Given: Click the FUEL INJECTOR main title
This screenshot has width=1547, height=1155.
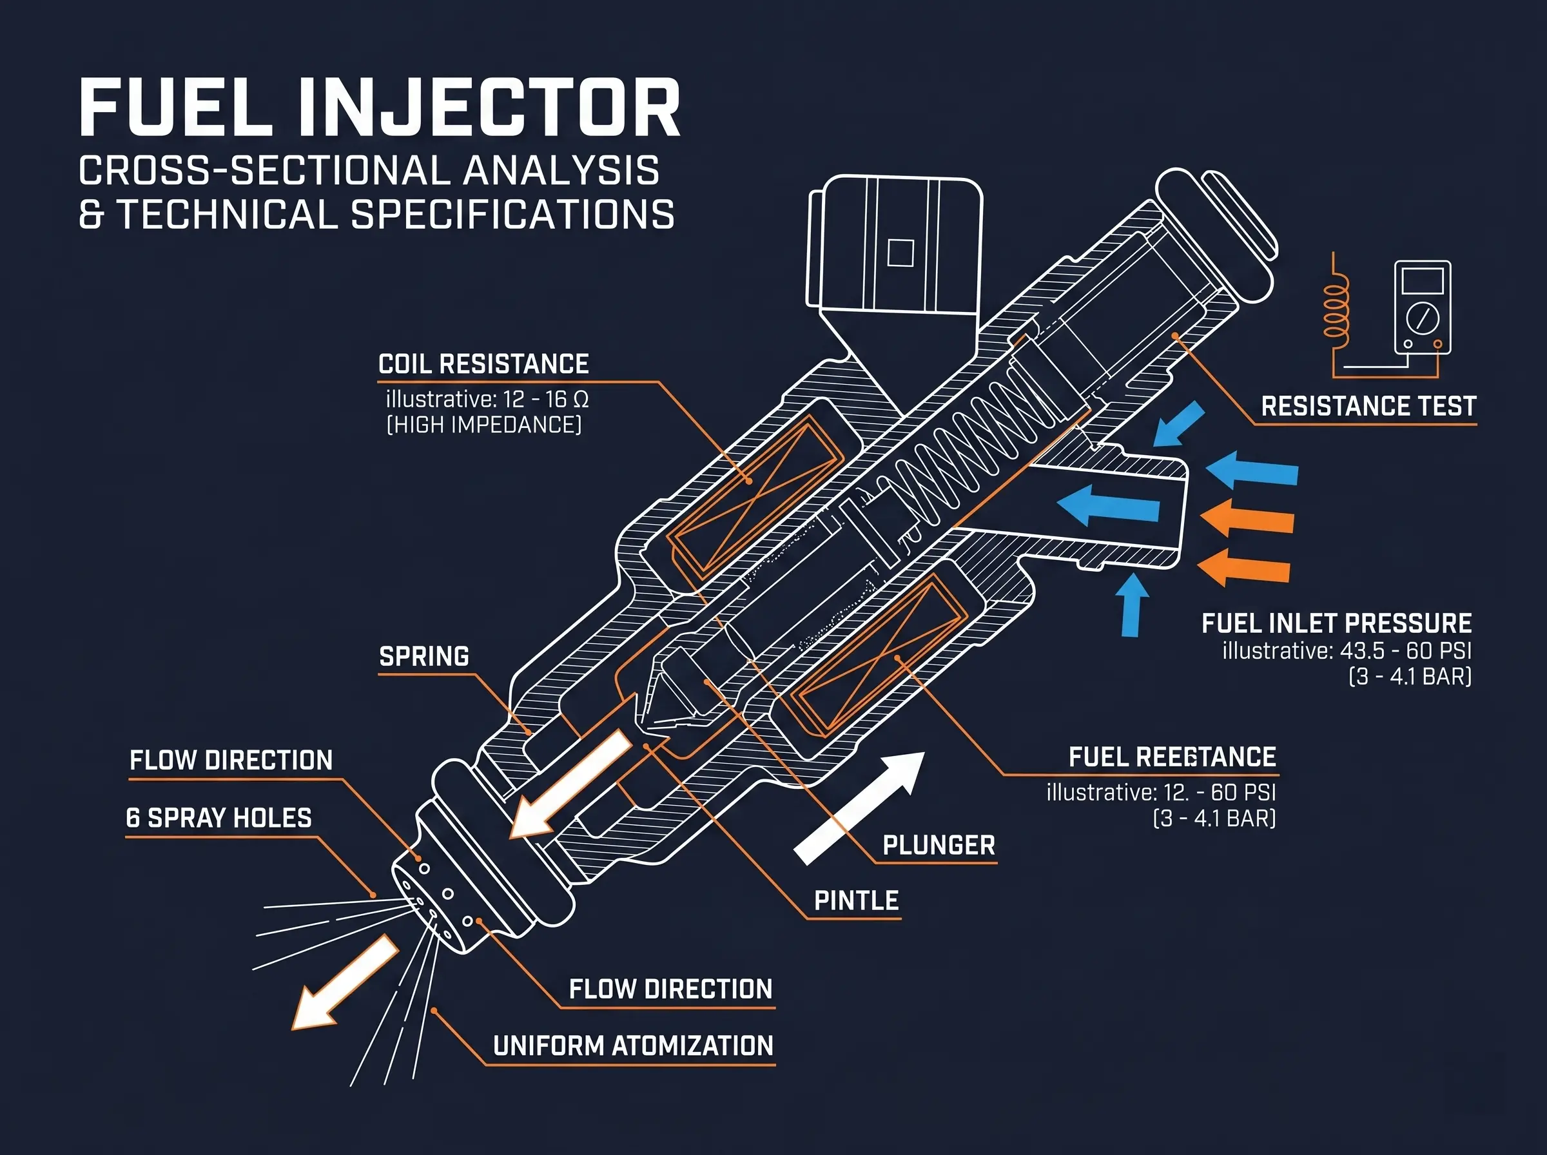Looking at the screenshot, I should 380,108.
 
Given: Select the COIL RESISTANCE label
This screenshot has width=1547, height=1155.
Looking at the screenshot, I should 483,364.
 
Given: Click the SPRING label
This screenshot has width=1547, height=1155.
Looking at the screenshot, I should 423,657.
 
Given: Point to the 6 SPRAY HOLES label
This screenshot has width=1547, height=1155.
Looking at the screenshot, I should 219,817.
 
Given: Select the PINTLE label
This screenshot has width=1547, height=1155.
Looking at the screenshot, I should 857,900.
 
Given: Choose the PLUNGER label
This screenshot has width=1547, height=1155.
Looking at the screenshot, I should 938,845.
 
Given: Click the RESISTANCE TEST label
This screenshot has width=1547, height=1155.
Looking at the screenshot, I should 1368,406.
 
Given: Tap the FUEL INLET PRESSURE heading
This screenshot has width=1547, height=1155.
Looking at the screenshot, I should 1336,623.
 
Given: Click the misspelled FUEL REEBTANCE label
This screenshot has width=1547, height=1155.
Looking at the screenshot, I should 1172,757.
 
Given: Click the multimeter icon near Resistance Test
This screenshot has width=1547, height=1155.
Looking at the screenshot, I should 1422,307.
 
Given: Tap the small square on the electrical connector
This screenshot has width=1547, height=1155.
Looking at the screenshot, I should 900,253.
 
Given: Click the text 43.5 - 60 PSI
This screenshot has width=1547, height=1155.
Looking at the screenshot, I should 1405,651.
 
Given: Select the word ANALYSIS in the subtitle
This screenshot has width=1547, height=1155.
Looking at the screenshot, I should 561,171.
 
